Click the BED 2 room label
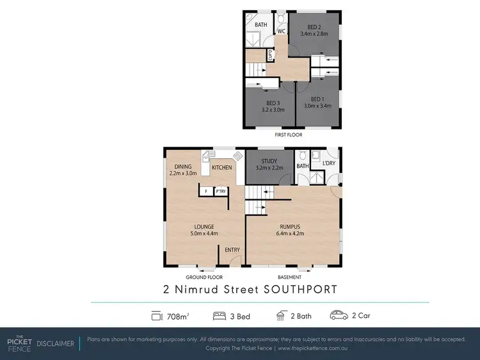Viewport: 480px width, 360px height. (x=313, y=27)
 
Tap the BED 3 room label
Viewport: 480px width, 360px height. (x=273, y=103)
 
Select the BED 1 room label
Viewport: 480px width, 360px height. (x=317, y=99)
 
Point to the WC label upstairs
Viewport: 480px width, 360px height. (x=280, y=31)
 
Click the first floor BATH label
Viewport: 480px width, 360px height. (x=261, y=25)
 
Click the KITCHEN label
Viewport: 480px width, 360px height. (x=221, y=168)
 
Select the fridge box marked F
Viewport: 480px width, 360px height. (x=206, y=191)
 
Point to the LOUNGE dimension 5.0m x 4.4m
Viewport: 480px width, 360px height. (x=204, y=233)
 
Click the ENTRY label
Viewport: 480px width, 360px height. (x=232, y=249)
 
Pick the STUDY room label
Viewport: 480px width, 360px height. (x=269, y=162)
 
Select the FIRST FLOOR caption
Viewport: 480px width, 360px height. (x=289, y=135)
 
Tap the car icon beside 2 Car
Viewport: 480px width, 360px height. (x=338, y=315)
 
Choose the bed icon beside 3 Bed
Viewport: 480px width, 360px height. (x=218, y=315)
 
